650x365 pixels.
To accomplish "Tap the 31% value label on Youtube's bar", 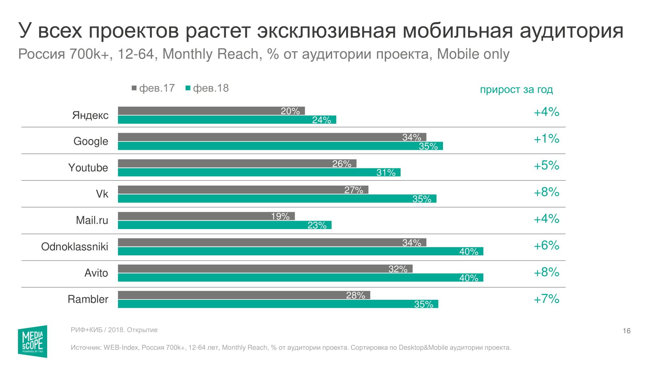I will pyautogui.click(x=386, y=173).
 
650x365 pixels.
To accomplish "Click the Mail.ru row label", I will pyautogui.click(x=92, y=220).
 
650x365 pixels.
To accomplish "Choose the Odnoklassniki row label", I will pyautogui.click(x=74, y=247).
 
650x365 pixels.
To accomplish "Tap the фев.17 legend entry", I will pyautogui.click(x=153, y=88).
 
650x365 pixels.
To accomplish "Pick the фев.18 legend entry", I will pyautogui.click(x=207, y=88).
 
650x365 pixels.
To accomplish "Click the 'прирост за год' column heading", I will pyautogui.click(x=516, y=90).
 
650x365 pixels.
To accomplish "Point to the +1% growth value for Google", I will pyautogui.click(x=546, y=139).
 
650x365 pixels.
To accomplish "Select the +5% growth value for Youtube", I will pyautogui.click(x=546, y=165).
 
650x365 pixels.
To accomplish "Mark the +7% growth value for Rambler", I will pyautogui.click(x=546, y=299).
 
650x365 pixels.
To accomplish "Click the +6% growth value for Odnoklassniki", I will pyautogui.click(x=546, y=246).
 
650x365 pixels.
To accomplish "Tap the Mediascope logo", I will pyautogui.click(x=32, y=342).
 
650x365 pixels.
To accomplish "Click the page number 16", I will pyautogui.click(x=626, y=331).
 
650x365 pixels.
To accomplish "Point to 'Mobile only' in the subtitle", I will pyautogui.click(x=473, y=54).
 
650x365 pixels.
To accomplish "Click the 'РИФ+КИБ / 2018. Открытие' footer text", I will pyautogui.click(x=114, y=330).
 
